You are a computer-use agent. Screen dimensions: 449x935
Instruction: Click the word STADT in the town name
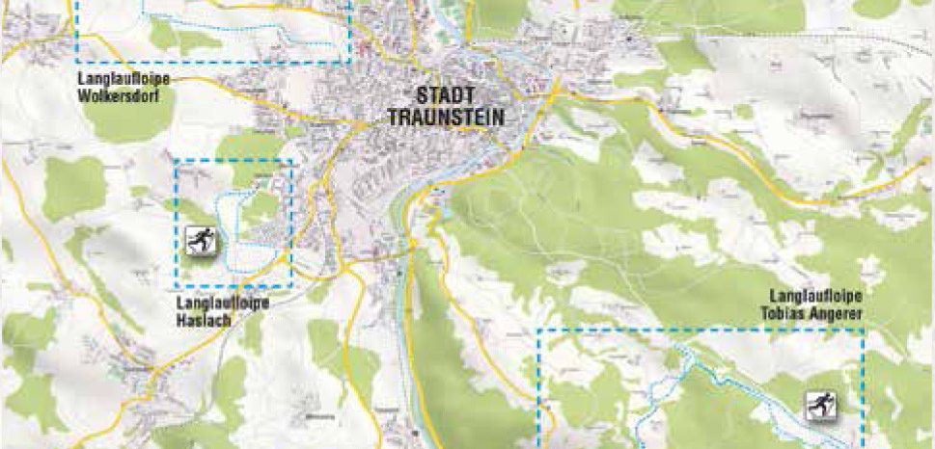[x=445, y=96]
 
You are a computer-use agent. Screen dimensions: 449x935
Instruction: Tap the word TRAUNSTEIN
[x=446, y=118]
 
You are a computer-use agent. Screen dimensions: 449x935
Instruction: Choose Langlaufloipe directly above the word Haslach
[x=223, y=304]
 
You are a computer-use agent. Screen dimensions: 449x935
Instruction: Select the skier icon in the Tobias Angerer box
[x=822, y=405]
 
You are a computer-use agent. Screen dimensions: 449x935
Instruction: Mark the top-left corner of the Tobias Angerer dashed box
[x=537, y=330]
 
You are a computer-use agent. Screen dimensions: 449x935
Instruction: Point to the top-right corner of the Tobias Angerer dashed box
[x=863, y=330]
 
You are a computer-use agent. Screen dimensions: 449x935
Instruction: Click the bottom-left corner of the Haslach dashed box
[x=175, y=287]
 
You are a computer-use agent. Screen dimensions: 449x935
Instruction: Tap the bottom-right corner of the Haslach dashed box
[x=291, y=287]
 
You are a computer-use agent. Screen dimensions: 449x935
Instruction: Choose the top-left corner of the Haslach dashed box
[x=175, y=160]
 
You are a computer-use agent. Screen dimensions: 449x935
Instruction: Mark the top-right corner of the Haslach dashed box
[x=291, y=160]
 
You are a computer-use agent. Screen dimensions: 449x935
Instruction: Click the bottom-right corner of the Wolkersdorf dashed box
[x=350, y=64]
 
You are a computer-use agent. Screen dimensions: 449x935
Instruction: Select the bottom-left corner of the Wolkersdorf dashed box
[x=77, y=64]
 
